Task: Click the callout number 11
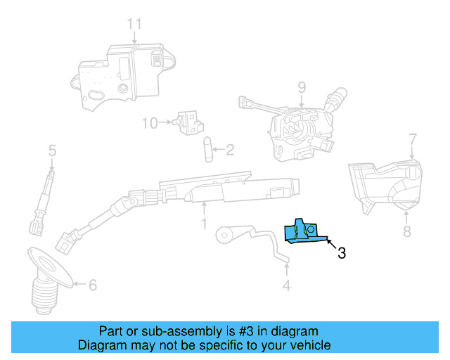(x=134, y=24)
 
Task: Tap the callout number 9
(x=302, y=88)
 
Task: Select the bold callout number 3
(x=342, y=253)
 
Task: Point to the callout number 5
(x=52, y=150)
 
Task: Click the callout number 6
(x=93, y=285)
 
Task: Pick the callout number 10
(x=150, y=123)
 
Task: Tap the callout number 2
(x=230, y=150)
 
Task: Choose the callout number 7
(x=412, y=139)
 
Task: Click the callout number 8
(x=407, y=231)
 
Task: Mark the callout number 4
(x=286, y=285)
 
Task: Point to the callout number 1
(x=204, y=224)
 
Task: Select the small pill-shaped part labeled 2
(x=208, y=150)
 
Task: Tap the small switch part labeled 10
(x=188, y=122)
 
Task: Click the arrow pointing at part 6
(x=79, y=284)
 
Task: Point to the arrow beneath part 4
(x=286, y=270)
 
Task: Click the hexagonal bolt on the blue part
(x=311, y=229)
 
